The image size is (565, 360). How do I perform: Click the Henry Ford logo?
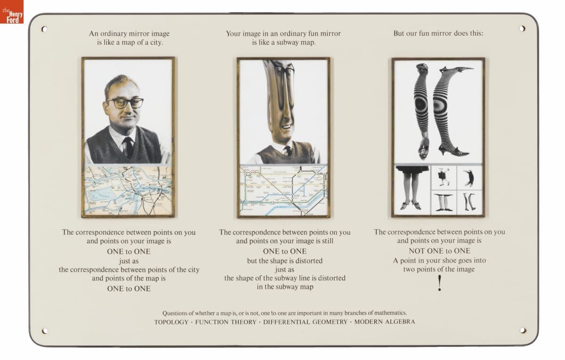[12, 12]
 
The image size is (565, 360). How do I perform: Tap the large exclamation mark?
[440, 283]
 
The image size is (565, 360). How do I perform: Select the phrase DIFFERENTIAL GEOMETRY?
[305, 322]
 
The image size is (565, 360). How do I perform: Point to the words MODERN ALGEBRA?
[385, 322]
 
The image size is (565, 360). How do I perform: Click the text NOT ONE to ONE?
[439, 251]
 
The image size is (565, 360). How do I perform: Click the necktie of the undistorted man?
[128, 147]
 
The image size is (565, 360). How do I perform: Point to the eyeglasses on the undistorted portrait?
[125, 103]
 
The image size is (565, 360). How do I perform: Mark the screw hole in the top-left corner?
[44, 29]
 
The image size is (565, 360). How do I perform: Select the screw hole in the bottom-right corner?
[523, 330]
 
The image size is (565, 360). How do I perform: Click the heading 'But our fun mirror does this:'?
[438, 33]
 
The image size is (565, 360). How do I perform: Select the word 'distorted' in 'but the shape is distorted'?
[309, 261]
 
